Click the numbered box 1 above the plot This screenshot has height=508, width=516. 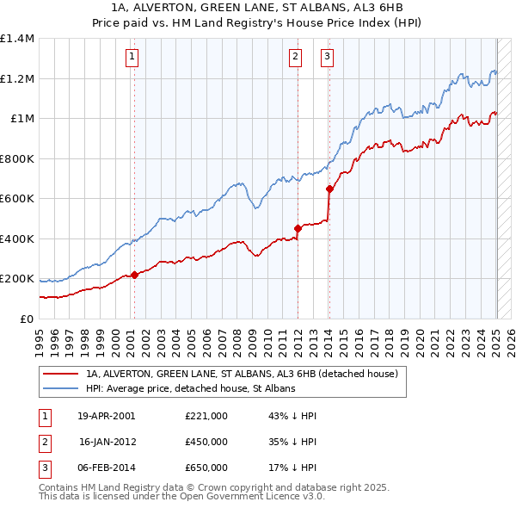click(133, 58)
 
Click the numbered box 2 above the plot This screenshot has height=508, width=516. click(295, 58)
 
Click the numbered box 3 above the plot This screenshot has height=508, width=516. click(328, 58)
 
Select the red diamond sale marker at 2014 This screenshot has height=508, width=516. click(329, 189)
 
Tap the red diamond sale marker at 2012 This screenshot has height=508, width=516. click(298, 228)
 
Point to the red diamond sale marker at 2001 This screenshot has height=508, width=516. click(134, 275)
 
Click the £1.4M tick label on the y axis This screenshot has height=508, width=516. click(17, 39)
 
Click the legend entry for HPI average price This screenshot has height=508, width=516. click(190, 388)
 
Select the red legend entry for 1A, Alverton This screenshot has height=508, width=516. click(241, 375)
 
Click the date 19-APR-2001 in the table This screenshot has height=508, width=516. click(107, 416)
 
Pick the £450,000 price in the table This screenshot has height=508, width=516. click(206, 442)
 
